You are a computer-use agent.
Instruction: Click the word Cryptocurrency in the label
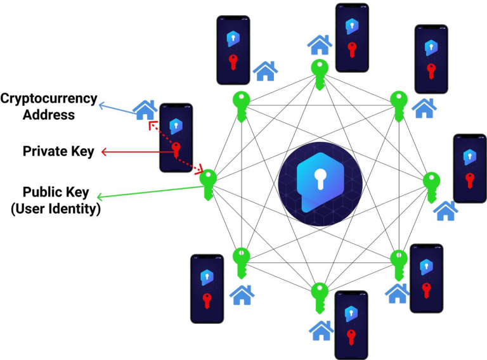(49, 100)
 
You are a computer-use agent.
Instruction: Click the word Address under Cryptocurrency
(49, 115)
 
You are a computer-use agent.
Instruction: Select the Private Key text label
(58, 151)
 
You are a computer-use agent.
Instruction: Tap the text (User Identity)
(56, 209)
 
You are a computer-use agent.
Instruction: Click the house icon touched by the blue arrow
(145, 110)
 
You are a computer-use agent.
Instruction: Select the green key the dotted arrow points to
(208, 184)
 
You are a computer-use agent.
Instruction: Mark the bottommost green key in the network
(320, 298)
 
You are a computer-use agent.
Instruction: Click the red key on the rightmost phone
(470, 180)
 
